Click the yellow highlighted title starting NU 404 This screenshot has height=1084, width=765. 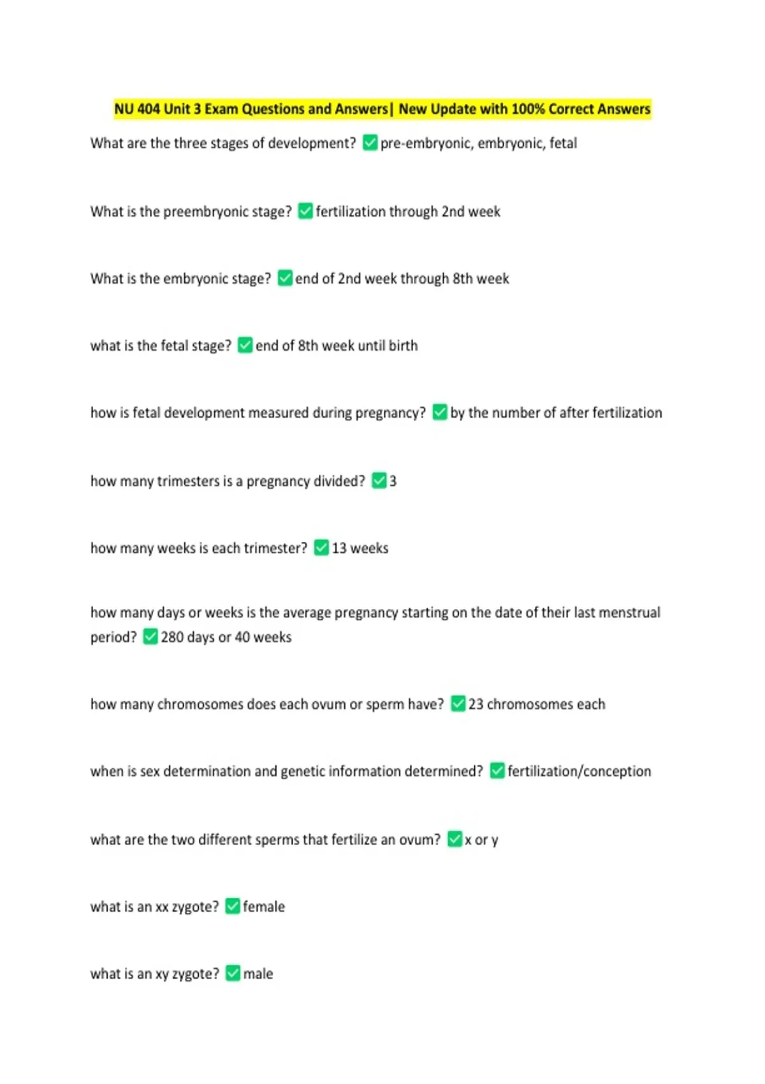[x=382, y=109]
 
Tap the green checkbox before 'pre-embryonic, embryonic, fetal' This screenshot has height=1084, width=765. [x=370, y=143]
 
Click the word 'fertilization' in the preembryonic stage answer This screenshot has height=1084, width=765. [x=350, y=212]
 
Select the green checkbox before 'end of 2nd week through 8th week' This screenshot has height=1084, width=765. [x=285, y=278]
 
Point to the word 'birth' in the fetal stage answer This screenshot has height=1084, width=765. [x=403, y=346]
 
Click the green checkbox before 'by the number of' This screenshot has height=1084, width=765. [x=440, y=413]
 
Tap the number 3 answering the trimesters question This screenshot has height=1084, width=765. [x=393, y=481]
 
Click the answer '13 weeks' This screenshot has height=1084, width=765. [x=360, y=548]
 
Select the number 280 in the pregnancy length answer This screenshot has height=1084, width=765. [x=172, y=637]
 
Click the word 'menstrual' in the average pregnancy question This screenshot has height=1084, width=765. [x=629, y=613]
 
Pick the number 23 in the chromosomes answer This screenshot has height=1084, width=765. [x=476, y=705]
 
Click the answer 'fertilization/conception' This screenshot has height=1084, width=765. [x=579, y=772]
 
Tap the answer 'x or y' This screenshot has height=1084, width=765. [x=481, y=840]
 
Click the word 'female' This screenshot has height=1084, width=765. [x=264, y=907]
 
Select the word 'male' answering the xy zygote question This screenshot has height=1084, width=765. [x=258, y=974]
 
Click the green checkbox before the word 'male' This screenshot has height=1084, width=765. [x=233, y=973]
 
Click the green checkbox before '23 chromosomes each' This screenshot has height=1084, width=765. [x=458, y=704]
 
